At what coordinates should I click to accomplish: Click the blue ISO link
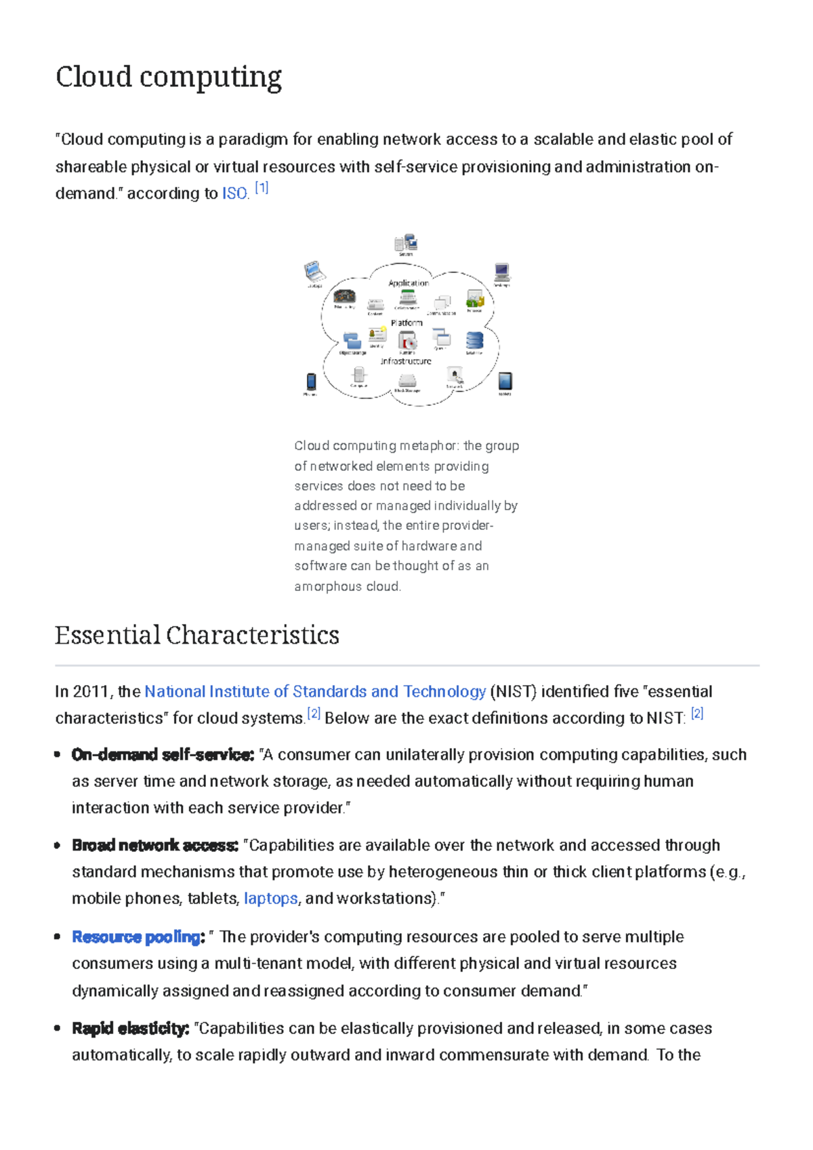pyautogui.click(x=234, y=194)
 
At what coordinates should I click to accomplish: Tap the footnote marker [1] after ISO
pyautogui.click(x=262, y=188)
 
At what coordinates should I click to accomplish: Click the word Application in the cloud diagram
pyautogui.click(x=409, y=283)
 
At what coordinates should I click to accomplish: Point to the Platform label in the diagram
pyautogui.click(x=406, y=323)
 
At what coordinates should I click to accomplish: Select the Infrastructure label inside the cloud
pyautogui.click(x=406, y=361)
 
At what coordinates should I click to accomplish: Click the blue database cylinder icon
pyautogui.click(x=474, y=340)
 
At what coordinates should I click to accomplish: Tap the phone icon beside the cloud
pyautogui.click(x=311, y=382)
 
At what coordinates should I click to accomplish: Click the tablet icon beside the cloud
pyautogui.click(x=505, y=381)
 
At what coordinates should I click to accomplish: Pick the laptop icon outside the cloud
pyautogui.click(x=314, y=272)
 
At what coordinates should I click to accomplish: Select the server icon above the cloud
pyautogui.click(x=406, y=243)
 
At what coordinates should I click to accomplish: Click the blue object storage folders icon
pyautogui.click(x=352, y=340)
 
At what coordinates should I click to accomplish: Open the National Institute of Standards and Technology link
pyautogui.click(x=315, y=691)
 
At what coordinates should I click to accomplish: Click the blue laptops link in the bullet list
pyautogui.click(x=270, y=899)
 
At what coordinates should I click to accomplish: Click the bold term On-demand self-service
pyautogui.click(x=163, y=755)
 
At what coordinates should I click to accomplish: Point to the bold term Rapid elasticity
pyautogui.click(x=130, y=1029)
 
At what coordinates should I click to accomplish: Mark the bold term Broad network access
pyautogui.click(x=155, y=846)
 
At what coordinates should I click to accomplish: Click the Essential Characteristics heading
pyautogui.click(x=197, y=636)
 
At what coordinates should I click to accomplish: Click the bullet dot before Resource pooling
pyautogui.click(x=58, y=937)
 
